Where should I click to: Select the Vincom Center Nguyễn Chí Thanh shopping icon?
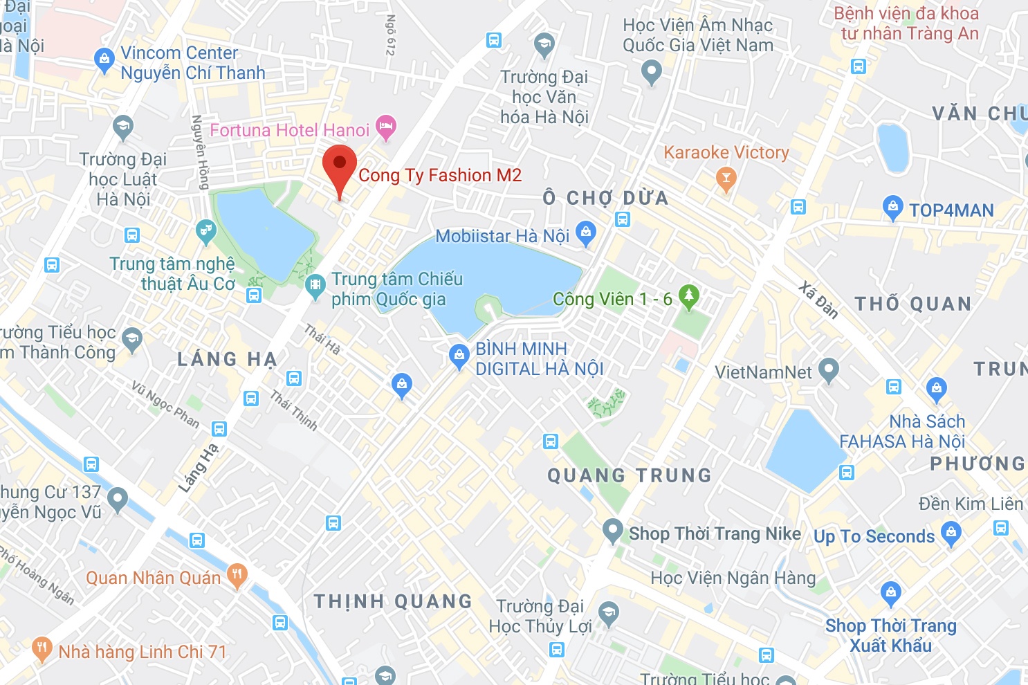[x=104, y=61]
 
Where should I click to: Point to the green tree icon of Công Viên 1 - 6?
[x=688, y=296]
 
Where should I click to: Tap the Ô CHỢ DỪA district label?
[x=606, y=199]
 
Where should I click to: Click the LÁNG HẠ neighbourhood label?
[x=227, y=359]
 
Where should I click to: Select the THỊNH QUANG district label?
[x=393, y=601]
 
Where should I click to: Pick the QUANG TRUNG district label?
[x=630, y=475]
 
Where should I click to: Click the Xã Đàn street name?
[x=818, y=300]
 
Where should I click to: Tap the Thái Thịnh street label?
[x=294, y=410]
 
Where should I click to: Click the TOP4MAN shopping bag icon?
[x=893, y=208]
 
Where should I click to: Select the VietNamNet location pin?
[x=828, y=370]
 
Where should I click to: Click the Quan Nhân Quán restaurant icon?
[x=237, y=575]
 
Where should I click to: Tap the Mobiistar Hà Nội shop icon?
[x=586, y=233]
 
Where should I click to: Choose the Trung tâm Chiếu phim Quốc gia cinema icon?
[x=315, y=286]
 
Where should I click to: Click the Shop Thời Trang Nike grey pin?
[x=612, y=531]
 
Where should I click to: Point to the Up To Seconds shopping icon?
[x=951, y=533]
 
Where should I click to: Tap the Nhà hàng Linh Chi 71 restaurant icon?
[x=42, y=649]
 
